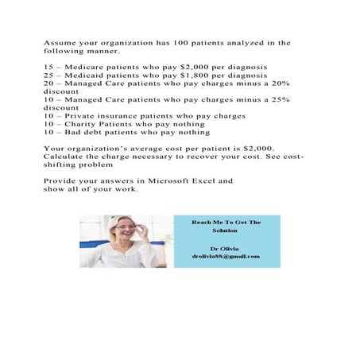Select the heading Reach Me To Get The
[x=226, y=223]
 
